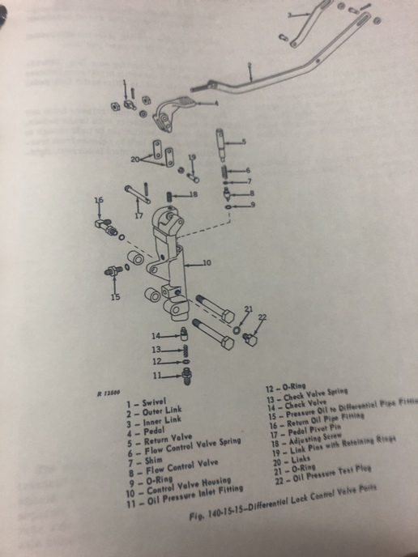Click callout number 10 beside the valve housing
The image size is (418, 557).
(207, 262)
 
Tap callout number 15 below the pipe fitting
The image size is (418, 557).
(115, 297)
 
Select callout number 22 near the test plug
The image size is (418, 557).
(261, 317)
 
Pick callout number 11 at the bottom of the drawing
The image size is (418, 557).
(156, 376)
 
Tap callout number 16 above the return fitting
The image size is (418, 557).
(97, 199)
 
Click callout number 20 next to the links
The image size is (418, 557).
(135, 159)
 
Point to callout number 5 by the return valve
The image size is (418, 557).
(248, 142)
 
